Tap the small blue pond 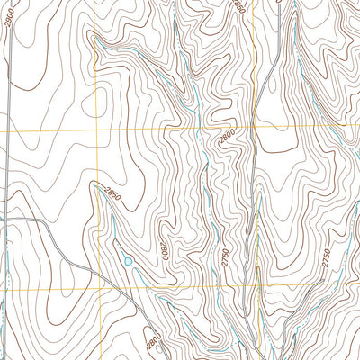pos(129,261)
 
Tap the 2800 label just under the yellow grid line pos(225,139)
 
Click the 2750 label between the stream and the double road pos(326,256)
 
